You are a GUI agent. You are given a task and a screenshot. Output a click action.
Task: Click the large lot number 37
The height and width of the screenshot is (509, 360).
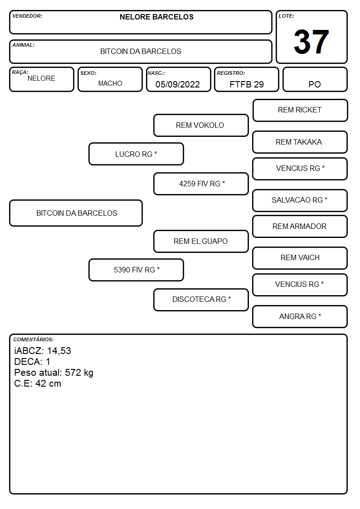pyautogui.click(x=311, y=42)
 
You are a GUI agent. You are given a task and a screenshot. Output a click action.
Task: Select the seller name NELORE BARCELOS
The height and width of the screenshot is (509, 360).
pyautogui.click(x=156, y=17)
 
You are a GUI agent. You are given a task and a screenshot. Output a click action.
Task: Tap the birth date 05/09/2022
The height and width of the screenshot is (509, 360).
pyautogui.click(x=178, y=84)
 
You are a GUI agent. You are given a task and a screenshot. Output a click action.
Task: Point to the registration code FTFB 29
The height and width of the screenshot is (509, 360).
pyautogui.click(x=246, y=84)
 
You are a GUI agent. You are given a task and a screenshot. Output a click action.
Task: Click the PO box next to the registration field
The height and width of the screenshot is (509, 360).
pyautogui.click(x=315, y=79)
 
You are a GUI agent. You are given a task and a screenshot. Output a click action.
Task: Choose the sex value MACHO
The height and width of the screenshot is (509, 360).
pyautogui.click(x=110, y=83)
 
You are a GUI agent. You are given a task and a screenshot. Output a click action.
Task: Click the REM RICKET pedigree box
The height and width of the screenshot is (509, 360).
pyautogui.click(x=300, y=111)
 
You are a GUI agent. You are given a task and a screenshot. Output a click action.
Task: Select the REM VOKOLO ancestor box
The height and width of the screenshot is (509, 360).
pyautogui.click(x=201, y=125)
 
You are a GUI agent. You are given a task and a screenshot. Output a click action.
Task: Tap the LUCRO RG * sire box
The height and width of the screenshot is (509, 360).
pyautogui.click(x=136, y=154)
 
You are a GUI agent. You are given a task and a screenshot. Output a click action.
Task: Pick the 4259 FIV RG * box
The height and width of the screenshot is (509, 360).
pyautogui.click(x=201, y=184)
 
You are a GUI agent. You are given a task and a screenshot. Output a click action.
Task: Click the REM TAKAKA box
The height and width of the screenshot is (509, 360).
pyautogui.click(x=300, y=142)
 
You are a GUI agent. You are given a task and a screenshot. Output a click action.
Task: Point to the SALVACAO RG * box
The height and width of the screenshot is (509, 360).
pyautogui.click(x=300, y=200)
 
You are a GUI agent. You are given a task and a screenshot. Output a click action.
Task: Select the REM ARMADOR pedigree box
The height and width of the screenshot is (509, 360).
pyautogui.click(x=300, y=226)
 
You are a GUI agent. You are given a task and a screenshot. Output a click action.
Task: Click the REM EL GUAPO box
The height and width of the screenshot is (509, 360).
pyautogui.click(x=201, y=241)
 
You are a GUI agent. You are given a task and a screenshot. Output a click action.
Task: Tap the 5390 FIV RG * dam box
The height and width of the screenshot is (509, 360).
pyautogui.click(x=136, y=270)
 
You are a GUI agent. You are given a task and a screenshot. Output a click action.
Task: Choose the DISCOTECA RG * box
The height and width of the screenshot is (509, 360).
pyautogui.click(x=201, y=300)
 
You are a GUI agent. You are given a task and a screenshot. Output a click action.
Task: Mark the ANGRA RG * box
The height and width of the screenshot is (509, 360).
pyautogui.click(x=300, y=316)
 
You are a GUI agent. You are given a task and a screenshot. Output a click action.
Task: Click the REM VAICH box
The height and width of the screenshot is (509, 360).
pyautogui.click(x=300, y=258)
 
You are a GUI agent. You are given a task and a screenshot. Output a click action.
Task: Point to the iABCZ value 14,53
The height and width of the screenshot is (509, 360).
pyautogui.click(x=59, y=351)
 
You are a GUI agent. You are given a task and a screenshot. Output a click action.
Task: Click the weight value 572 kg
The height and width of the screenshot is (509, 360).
pyautogui.click(x=79, y=373)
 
